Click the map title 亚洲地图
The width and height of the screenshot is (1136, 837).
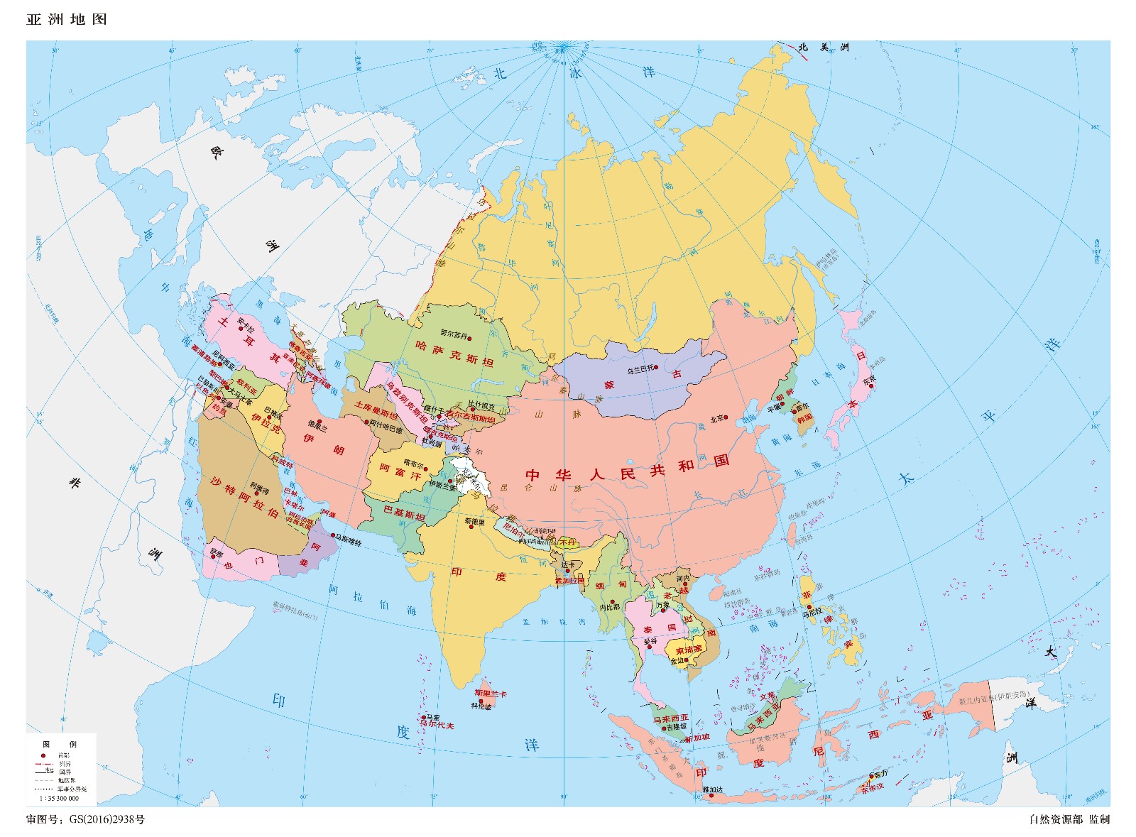[67, 19]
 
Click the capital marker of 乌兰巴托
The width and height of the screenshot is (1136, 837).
[657, 368]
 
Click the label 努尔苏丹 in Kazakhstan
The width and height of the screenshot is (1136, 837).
[455, 332]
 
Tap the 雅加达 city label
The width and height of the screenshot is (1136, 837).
[712, 789]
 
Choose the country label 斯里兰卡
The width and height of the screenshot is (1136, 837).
[491, 693]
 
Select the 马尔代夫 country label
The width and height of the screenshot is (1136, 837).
[436, 726]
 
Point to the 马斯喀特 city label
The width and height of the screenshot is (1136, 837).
[349, 542]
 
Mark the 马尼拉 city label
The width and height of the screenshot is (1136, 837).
[812, 611]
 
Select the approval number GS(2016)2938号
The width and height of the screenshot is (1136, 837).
[106, 819]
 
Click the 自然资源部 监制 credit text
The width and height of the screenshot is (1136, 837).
[1069, 819]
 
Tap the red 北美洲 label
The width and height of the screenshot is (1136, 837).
[823, 48]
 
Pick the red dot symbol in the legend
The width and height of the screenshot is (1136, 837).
[43, 755]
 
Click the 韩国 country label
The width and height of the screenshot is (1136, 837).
[804, 418]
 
